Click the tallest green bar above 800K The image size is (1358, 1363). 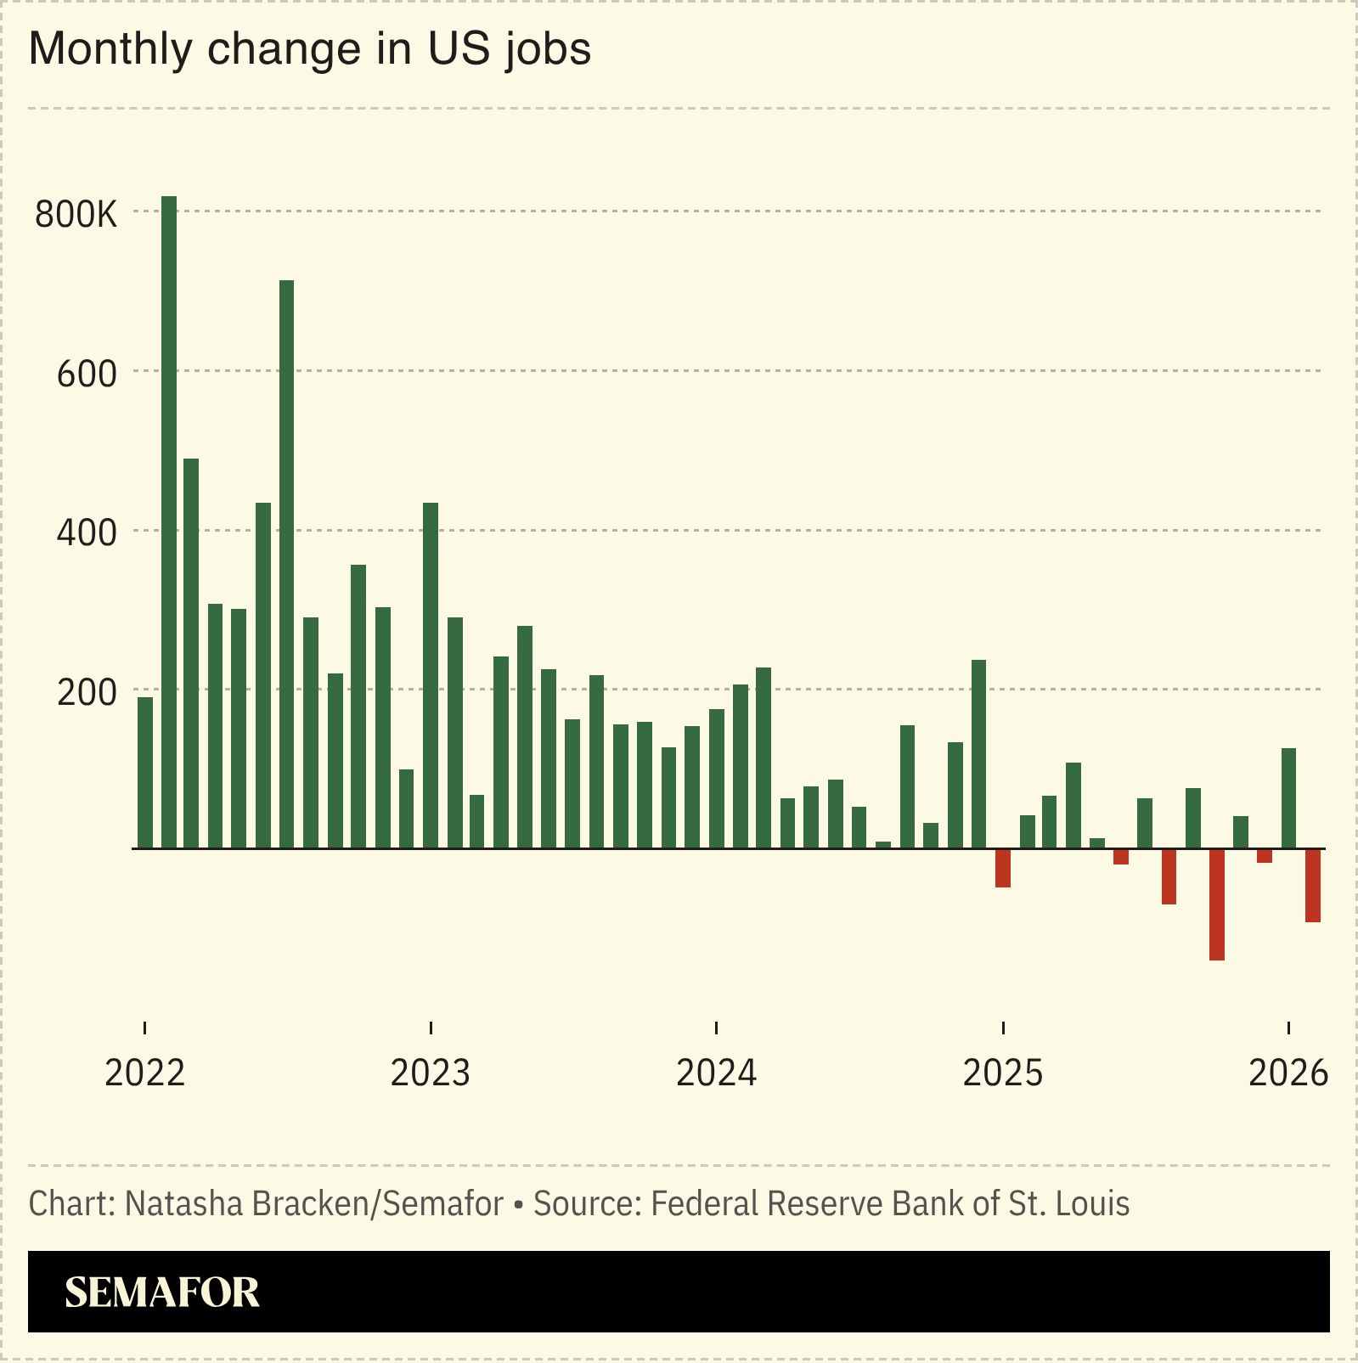[x=169, y=521]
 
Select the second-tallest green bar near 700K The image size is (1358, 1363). [x=286, y=564]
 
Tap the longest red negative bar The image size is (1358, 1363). [x=1216, y=904]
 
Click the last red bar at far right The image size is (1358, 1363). [x=1312, y=885]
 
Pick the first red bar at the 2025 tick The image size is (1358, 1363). [x=1003, y=868]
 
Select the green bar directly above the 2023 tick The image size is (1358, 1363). [x=431, y=675]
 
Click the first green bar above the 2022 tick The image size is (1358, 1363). [x=145, y=772]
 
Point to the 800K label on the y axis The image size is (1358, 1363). [x=76, y=215]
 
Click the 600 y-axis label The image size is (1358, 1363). [x=87, y=375]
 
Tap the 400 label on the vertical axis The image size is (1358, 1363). [x=87, y=533]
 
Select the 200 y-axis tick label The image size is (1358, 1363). [x=87, y=693]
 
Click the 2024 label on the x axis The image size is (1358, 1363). [x=716, y=1073]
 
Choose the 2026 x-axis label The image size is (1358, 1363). [x=1288, y=1073]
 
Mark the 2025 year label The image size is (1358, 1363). [x=1002, y=1073]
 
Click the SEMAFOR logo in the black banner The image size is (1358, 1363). [x=162, y=1292]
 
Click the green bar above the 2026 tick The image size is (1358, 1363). [x=1288, y=797]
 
